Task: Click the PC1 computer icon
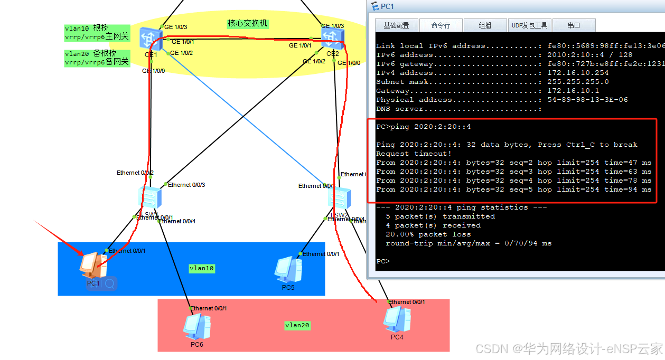[x=90, y=265]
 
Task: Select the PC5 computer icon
[x=288, y=269]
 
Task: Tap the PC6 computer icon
[x=196, y=326]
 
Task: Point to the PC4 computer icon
[x=397, y=319]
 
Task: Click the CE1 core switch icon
[x=152, y=39]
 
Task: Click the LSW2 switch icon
[x=339, y=198]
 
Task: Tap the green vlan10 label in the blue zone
[x=202, y=268]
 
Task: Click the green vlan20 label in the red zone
[x=297, y=325]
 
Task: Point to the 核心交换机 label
[x=248, y=24]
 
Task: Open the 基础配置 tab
[x=396, y=25]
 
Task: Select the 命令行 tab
[x=441, y=25]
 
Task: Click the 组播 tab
[x=485, y=25]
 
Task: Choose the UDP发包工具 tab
[x=530, y=25]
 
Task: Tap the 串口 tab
[x=574, y=25]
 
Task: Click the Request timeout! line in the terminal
[x=414, y=154]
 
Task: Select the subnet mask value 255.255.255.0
[x=578, y=82]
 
